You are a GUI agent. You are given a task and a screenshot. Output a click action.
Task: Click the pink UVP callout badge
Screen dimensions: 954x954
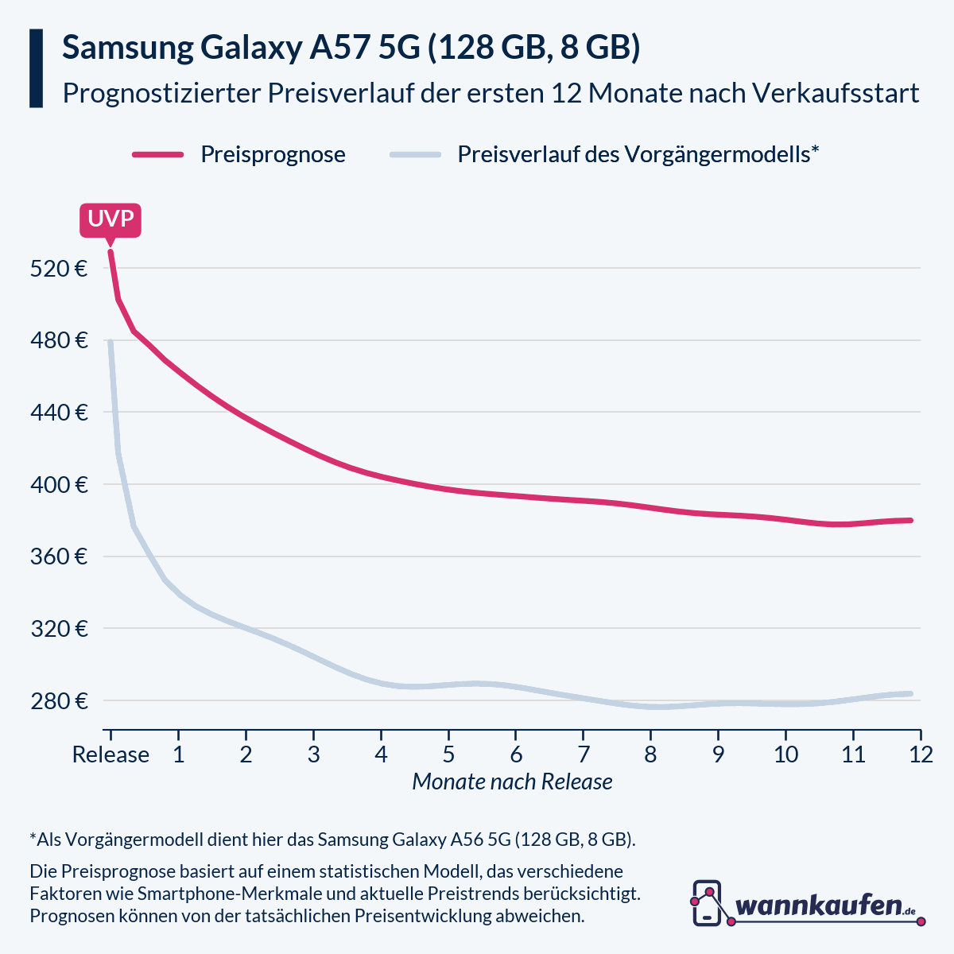(x=111, y=219)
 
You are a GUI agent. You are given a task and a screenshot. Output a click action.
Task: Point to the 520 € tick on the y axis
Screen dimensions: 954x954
(x=59, y=268)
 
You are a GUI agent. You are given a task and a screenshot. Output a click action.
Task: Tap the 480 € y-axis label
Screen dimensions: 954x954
(x=59, y=340)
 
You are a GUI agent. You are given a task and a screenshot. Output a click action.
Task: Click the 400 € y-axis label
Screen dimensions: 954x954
(x=59, y=484)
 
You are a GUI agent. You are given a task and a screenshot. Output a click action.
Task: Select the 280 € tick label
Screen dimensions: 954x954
(x=59, y=701)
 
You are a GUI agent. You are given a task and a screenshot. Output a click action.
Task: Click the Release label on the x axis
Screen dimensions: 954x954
(x=111, y=754)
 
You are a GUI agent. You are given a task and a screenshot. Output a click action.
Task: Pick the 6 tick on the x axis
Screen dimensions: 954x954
(x=516, y=754)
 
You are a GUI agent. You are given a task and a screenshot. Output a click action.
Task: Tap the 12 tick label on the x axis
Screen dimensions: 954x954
(x=921, y=754)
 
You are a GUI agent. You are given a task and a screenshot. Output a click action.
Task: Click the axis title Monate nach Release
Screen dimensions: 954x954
(x=512, y=782)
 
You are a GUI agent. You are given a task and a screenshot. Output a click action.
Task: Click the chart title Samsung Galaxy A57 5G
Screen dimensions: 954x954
(x=351, y=48)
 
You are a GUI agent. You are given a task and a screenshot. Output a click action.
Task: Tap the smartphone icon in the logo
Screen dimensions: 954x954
(x=707, y=903)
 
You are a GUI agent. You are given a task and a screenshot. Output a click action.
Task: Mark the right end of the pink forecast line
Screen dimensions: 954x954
(x=911, y=521)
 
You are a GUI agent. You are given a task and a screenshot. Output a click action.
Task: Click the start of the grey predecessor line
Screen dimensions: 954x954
(x=111, y=342)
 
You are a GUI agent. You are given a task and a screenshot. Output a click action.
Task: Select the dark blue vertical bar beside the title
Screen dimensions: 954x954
(x=36, y=68)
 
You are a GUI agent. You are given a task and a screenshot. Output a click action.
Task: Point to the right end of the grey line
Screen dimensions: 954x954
(x=911, y=694)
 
